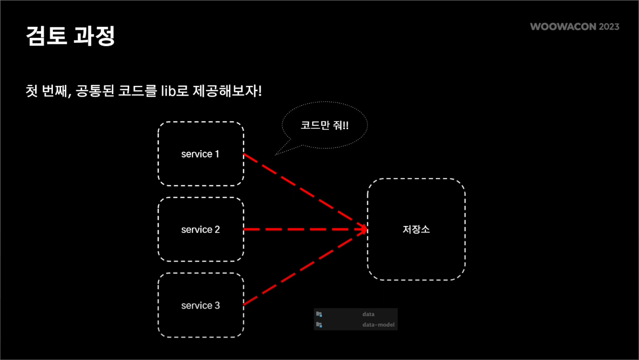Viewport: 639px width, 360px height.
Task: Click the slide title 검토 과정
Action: pyautogui.click(x=71, y=36)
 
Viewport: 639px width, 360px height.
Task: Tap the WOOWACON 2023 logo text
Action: pyautogui.click(x=575, y=27)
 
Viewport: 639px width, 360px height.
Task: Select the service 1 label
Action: pyautogui.click(x=200, y=154)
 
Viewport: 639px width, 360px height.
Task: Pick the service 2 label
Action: pyautogui.click(x=200, y=229)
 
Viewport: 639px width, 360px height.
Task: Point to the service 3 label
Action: pyautogui.click(x=200, y=305)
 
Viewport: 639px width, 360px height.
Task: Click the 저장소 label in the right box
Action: pyautogui.click(x=416, y=229)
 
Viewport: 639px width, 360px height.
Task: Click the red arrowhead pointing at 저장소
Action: pyautogui.click(x=362, y=229)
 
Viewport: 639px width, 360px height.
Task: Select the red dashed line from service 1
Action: pyautogui.click(x=302, y=191)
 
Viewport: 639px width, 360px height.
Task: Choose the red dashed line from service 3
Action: pyautogui.click(x=302, y=268)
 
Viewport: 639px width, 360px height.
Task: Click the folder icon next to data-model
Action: pyautogui.click(x=319, y=325)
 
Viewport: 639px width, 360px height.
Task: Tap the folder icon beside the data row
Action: pyautogui.click(x=319, y=314)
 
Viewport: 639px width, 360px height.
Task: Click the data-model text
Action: pyautogui.click(x=378, y=325)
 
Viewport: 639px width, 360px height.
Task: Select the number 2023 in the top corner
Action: pyautogui.click(x=609, y=27)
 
